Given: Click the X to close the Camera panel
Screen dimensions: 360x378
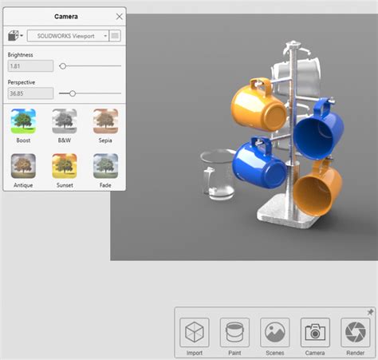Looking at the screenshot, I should (x=119, y=16).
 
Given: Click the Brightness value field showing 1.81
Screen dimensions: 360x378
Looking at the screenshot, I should (x=30, y=66).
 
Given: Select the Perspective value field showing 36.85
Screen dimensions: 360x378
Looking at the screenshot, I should (x=30, y=93).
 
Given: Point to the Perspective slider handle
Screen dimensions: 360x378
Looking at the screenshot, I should (x=73, y=93).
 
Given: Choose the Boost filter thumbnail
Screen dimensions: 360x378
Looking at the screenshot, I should (x=23, y=121).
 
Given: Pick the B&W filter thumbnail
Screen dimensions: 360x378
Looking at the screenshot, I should (x=65, y=121).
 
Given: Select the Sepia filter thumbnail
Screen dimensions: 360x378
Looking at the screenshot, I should (x=105, y=121).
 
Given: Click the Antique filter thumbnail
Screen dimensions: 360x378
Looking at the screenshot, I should (x=23, y=166).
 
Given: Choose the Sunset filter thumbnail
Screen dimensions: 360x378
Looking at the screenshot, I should (x=65, y=166).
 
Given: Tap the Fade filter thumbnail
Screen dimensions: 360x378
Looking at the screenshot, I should (x=105, y=166).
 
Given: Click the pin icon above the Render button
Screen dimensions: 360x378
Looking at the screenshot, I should (x=369, y=312).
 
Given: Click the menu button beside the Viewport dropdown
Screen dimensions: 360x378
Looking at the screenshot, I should (x=116, y=36).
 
